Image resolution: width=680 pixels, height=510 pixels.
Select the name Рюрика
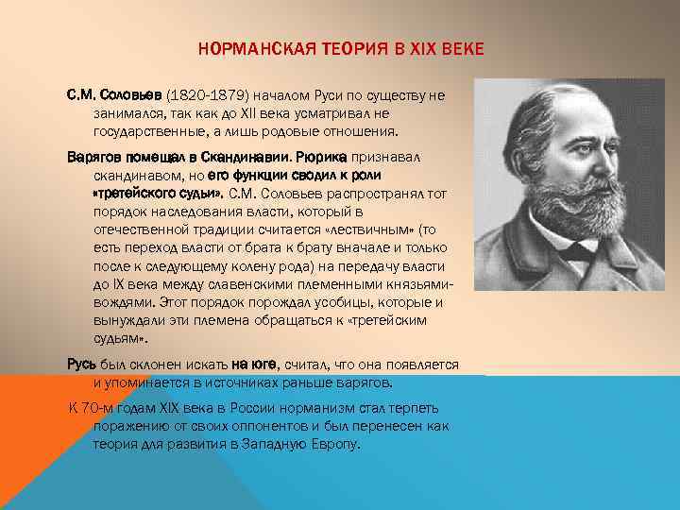[323, 156]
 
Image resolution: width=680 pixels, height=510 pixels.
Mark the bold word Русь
[80, 364]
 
